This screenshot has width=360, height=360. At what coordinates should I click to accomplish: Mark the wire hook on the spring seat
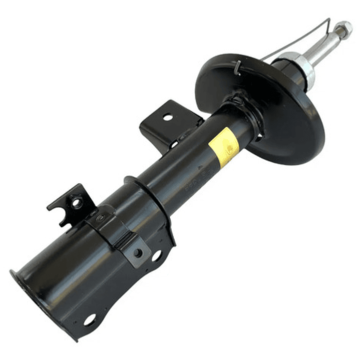tap(238, 67)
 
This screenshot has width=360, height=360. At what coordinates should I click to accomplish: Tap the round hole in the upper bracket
tap(167, 118)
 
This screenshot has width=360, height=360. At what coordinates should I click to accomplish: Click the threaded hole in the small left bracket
tap(76, 203)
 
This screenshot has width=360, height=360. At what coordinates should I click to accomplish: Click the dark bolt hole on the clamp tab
tap(137, 253)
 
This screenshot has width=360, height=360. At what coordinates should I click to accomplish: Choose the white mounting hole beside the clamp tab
tap(156, 256)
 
